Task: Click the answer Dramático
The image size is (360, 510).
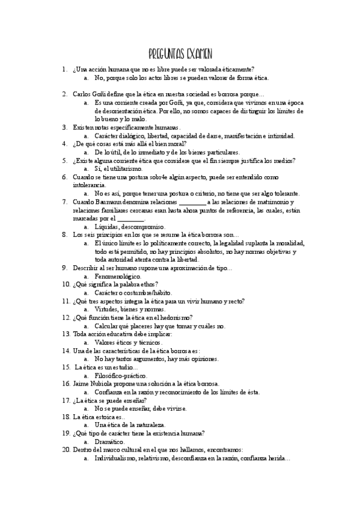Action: [110, 441]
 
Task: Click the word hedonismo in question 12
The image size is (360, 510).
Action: [172, 317]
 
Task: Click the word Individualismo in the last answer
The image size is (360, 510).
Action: [114, 458]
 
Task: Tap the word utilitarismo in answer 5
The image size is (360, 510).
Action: [123, 169]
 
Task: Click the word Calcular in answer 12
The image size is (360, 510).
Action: [108, 325]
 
